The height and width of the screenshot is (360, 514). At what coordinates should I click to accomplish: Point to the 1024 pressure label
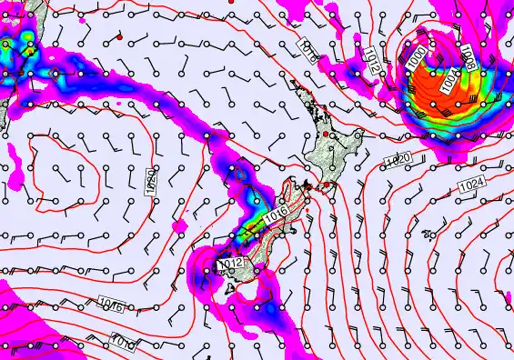click(x=471, y=185)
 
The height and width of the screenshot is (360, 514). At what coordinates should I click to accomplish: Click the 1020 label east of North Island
click(x=397, y=161)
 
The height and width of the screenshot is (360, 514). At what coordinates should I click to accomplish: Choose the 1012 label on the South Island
click(x=230, y=263)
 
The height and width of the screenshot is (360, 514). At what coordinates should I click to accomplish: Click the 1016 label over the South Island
click(x=277, y=215)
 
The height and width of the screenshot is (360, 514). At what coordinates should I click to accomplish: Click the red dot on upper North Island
click(x=326, y=134)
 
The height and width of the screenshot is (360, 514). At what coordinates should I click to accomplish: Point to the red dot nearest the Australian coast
click(x=119, y=37)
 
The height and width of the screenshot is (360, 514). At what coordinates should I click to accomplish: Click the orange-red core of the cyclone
click(x=428, y=86)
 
